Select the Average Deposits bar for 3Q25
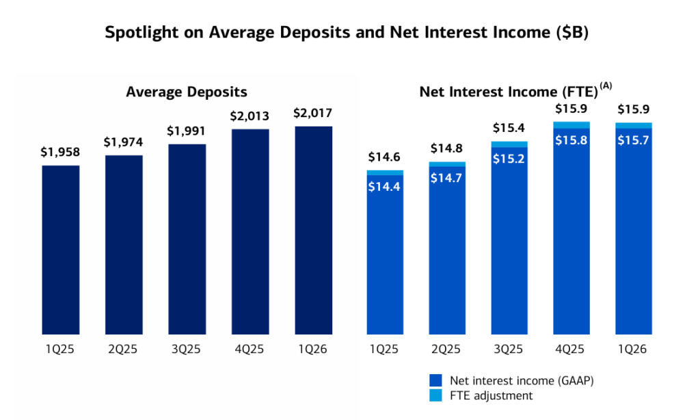coord(187,239)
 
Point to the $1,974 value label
coord(124,142)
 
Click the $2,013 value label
coord(250,116)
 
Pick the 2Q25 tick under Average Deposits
coord(124,350)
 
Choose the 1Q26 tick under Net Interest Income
coord(633,350)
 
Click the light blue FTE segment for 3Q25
coord(509,144)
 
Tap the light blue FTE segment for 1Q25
coord(385,173)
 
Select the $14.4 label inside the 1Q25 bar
coord(385,186)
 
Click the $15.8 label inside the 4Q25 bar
coord(571,139)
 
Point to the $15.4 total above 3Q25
coord(509,128)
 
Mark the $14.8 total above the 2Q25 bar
coord(447,148)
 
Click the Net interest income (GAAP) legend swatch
coord(435,380)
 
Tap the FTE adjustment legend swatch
coord(435,395)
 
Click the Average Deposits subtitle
coord(187,92)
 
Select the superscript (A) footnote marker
coord(606,86)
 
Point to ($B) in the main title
coord(575,32)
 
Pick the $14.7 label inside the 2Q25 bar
coord(447,178)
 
